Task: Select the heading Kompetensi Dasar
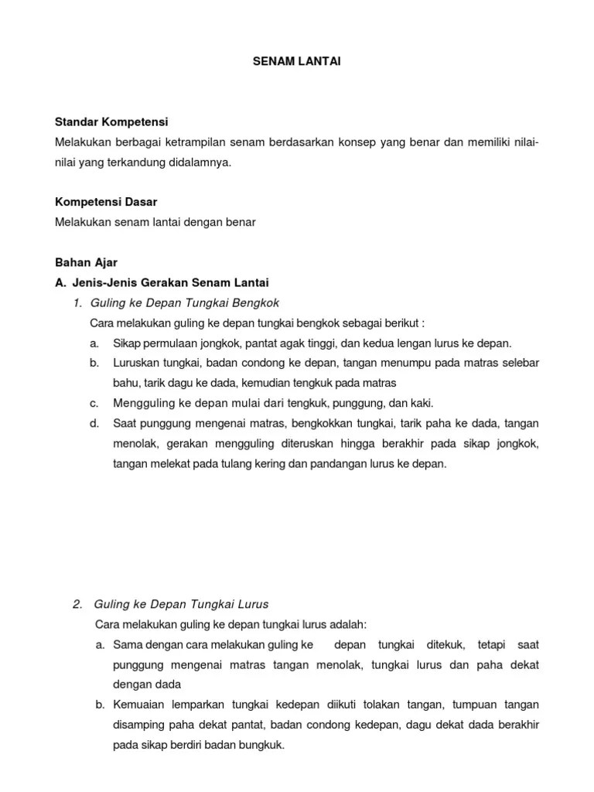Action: pyautogui.click(x=106, y=202)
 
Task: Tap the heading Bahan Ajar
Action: pyautogui.click(x=86, y=262)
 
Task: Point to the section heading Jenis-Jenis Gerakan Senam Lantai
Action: pyautogui.click(x=170, y=282)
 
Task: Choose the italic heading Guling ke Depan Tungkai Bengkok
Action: pyautogui.click(x=185, y=302)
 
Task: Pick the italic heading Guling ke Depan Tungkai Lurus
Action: pyautogui.click(x=181, y=604)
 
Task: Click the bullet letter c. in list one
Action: pyautogui.click(x=94, y=403)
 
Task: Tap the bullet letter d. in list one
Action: pyautogui.click(x=94, y=424)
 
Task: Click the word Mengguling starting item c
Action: pyautogui.click(x=143, y=403)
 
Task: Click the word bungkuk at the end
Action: pyautogui.click(x=262, y=746)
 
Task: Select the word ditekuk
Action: pyautogui.click(x=444, y=644)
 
